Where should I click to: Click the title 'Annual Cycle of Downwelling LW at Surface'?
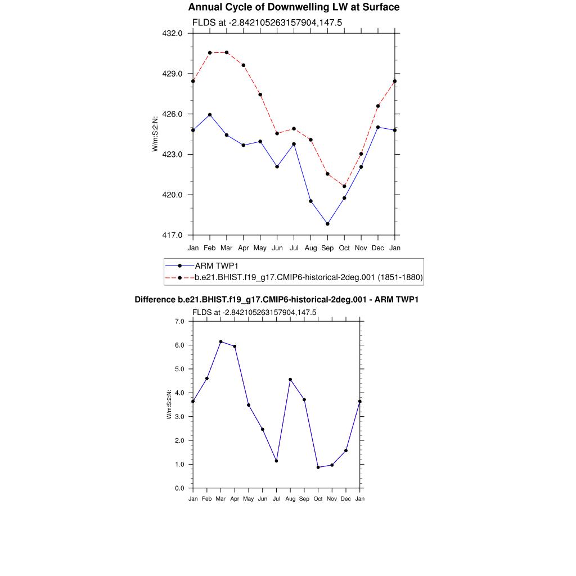click(x=294, y=7)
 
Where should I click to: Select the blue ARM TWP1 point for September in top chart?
click(x=327, y=224)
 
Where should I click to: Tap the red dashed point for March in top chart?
click(x=227, y=52)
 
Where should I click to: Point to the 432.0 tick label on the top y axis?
click(x=173, y=33)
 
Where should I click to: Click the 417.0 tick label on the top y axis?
click(x=173, y=235)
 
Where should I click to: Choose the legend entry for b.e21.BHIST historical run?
click(x=308, y=277)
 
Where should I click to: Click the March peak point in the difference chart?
click(x=220, y=341)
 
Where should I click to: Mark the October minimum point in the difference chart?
click(x=318, y=467)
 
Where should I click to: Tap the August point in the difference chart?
click(x=290, y=380)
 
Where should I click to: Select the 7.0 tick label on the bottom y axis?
click(x=179, y=321)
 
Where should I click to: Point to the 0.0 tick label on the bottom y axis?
click(x=179, y=488)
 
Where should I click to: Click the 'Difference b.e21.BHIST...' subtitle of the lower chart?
click(x=277, y=300)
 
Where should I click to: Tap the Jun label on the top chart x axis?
click(x=277, y=248)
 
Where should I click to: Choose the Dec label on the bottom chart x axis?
click(x=346, y=499)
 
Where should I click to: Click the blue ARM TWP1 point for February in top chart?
click(x=210, y=115)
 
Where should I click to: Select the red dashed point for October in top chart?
click(x=344, y=186)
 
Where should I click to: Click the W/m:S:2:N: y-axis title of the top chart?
click(x=155, y=134)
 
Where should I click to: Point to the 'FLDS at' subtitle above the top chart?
click(x=267, y=23)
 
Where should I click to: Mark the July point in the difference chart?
click(x=276, y=461)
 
